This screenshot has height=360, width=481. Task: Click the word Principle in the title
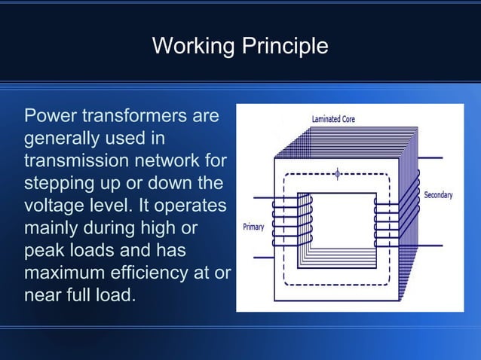[284, 47]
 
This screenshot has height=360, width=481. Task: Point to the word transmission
[72, 161]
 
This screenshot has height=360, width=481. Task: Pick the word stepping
[59, 184]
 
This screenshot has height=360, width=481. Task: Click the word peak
[43, 249]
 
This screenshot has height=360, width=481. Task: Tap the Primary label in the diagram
[253, 227]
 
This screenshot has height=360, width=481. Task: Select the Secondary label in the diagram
[438, 195]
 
